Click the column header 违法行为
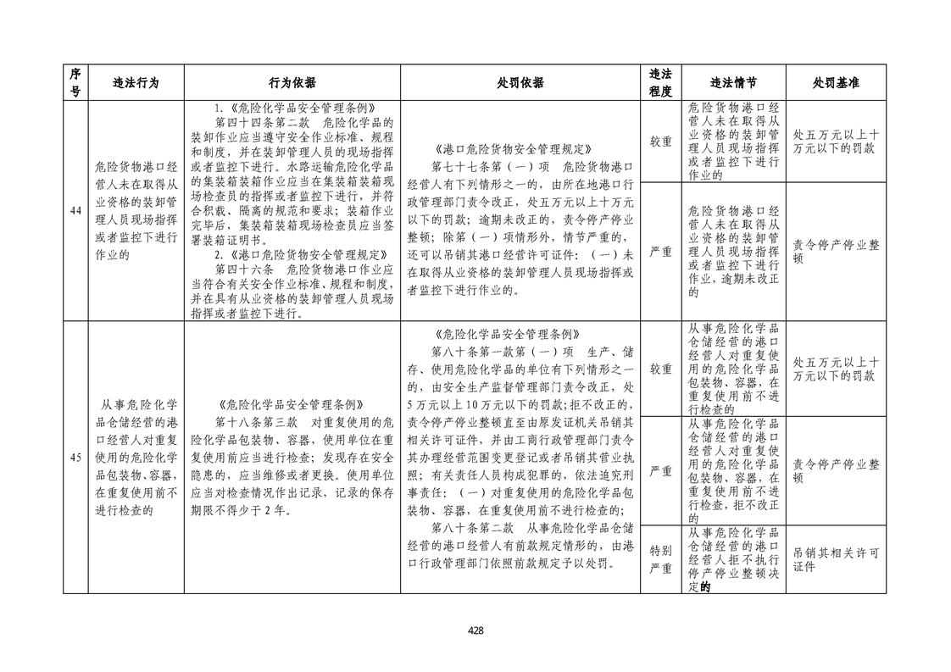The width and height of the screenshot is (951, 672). coord(136,83)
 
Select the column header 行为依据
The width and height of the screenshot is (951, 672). coord(292,83)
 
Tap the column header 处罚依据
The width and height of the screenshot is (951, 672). coord(520,83)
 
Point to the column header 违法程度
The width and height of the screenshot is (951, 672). coord(660,83)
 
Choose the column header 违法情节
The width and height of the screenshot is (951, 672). coord(733,83)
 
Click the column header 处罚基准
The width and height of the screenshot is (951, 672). coord(836,83)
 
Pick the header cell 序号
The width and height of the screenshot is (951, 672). coord(75,83)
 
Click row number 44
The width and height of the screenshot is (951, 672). coord(75,211)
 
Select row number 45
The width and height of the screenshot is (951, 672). coord(75,458)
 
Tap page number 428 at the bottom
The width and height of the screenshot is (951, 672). coord(475,630)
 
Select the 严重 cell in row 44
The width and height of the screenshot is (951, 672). coord(660,252)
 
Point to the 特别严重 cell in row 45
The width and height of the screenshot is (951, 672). coord(660,559)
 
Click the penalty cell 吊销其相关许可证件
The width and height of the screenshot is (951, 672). coord(836,559)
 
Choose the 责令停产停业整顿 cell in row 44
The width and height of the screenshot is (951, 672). coord(836,252)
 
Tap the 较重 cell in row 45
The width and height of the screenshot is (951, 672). coord(660,369)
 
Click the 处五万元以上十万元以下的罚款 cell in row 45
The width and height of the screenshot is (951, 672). coord(836,369)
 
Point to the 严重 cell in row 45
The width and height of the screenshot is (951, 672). coord(660,470)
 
